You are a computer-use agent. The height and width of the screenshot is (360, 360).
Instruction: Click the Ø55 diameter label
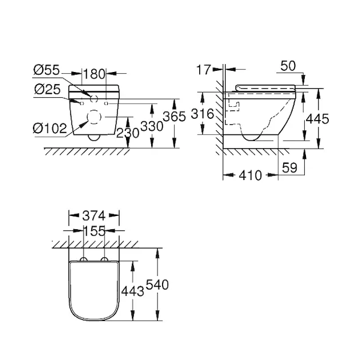[47, 70]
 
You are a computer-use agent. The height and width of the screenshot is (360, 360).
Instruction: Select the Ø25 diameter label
[47, 89]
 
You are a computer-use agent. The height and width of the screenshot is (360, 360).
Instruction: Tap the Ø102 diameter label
[50, 128]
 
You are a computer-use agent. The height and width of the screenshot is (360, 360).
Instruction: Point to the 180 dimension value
[94, 74]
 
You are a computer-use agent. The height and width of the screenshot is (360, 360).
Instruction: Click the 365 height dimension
[174, 116]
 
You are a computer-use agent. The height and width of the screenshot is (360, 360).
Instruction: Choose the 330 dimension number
[152, 126]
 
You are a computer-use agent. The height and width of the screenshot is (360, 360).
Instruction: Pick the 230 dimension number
[128, 133]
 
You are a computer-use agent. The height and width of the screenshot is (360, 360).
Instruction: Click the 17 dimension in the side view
[203, 70]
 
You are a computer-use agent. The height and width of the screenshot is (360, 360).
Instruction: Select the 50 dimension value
[288, 66]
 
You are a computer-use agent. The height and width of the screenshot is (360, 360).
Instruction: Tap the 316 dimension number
[203, 113]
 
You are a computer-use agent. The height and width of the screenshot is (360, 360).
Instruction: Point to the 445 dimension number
[318, 119]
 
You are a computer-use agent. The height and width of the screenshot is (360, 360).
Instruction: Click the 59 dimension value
[290, 167]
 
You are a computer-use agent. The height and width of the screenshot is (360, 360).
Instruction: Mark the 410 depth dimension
[250, 176]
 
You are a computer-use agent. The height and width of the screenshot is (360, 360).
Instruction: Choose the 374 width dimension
[94, 216]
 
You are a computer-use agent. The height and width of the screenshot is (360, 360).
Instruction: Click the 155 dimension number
[94, 231]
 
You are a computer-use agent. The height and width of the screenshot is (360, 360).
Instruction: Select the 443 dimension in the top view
[133, 292]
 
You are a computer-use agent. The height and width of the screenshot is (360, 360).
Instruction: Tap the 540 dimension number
[157, 284]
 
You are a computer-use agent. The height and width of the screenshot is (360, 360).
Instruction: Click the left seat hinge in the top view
[83, 259]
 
